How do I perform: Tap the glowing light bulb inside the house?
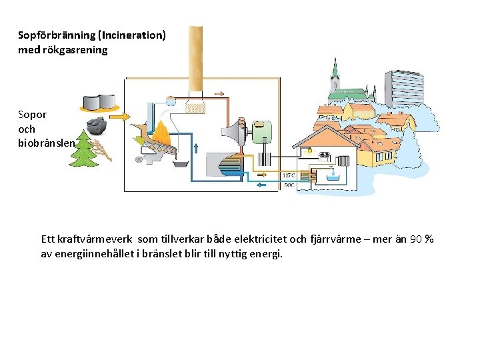[309, 152]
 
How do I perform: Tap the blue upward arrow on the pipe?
[195, 147]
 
